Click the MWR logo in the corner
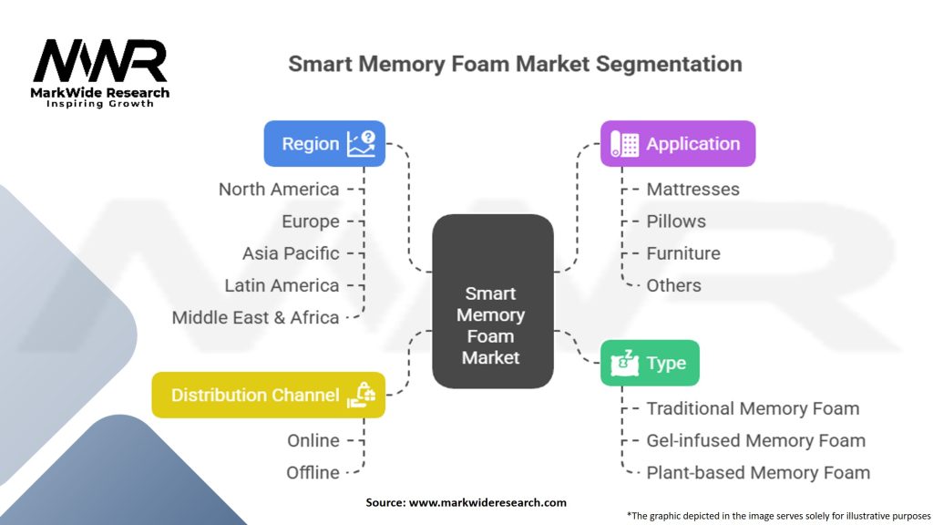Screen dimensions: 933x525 click(100, 73)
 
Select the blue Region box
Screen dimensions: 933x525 click(324, 143)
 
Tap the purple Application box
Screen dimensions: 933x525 click(678, 143)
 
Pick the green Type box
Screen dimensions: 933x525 click(650, 363)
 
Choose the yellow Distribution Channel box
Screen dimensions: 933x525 click(269, 395)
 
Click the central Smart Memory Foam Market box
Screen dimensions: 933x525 click(493, 301)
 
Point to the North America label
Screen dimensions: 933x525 click(279, 190)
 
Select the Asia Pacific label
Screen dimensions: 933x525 click(291, 253)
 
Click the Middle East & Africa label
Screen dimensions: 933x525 click(255, 318)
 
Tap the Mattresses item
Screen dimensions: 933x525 click(692, 190)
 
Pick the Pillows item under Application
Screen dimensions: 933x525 click(676, 221)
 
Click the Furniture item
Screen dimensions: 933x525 click(683, 253)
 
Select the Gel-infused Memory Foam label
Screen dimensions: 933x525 click(755, 440)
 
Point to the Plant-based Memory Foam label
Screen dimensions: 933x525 click(758, 473)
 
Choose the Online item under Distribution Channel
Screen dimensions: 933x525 click(313, 440)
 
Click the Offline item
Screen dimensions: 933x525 click(313, 473)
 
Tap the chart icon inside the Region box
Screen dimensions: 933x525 click(362, 143)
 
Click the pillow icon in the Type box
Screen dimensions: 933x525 click(625, 363)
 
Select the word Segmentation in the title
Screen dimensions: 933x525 click(669, 64)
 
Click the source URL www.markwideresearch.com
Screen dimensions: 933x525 click(487, 502)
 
